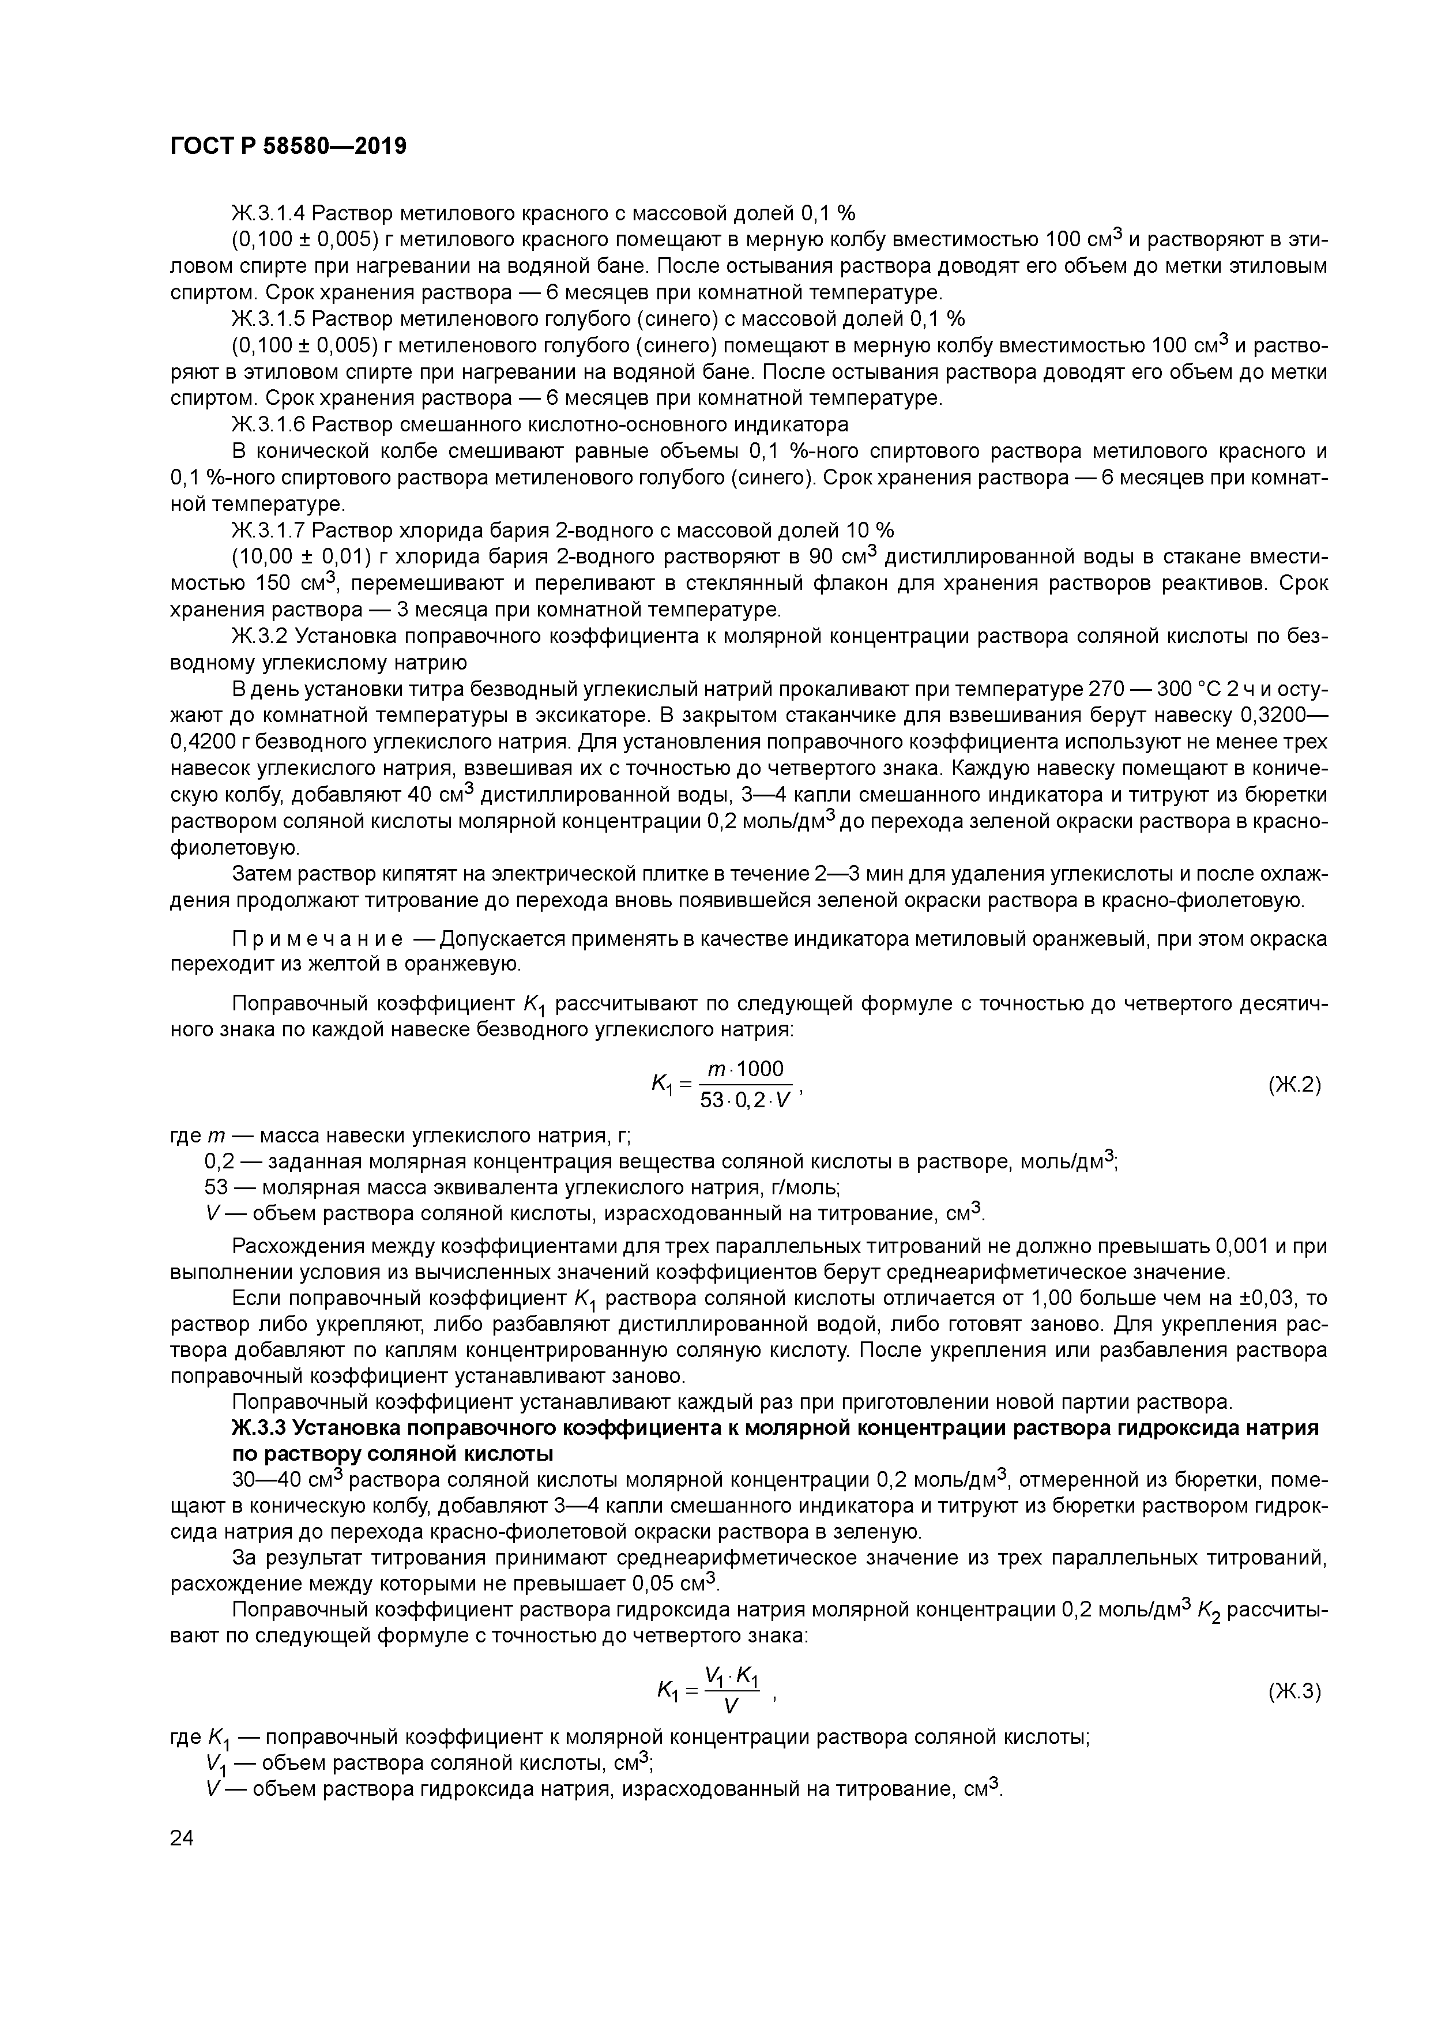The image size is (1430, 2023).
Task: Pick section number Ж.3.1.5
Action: [x=268, y=318]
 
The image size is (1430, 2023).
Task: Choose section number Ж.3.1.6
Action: [x=268, y=424]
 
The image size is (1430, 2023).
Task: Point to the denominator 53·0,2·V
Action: [x=746, y=1100]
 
